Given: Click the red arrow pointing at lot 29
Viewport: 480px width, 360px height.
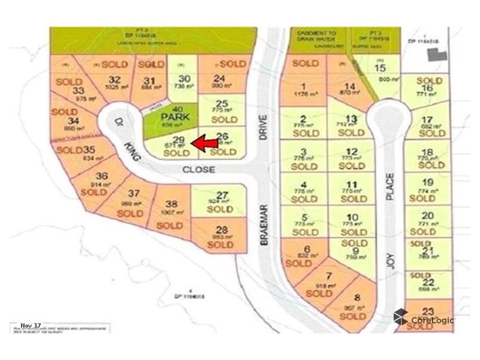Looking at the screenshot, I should tap(205, 142).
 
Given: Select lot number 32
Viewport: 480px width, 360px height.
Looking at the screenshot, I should tap(115, 80).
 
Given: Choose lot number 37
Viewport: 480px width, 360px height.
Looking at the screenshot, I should tap(134, 194).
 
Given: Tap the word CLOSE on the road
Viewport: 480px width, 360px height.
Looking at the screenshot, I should tap(199, 170).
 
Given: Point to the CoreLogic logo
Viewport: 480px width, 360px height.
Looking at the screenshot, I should tap(424, 319).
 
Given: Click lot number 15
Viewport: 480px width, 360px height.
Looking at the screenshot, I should tap(380, 68).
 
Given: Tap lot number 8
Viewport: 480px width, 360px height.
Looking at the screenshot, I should tap(357, 297).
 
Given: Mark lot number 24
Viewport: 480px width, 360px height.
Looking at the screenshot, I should tap(220, 78).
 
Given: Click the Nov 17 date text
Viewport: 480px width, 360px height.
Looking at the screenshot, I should tap(31, 326).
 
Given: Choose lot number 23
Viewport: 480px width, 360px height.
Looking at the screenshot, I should tap(427, 311).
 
